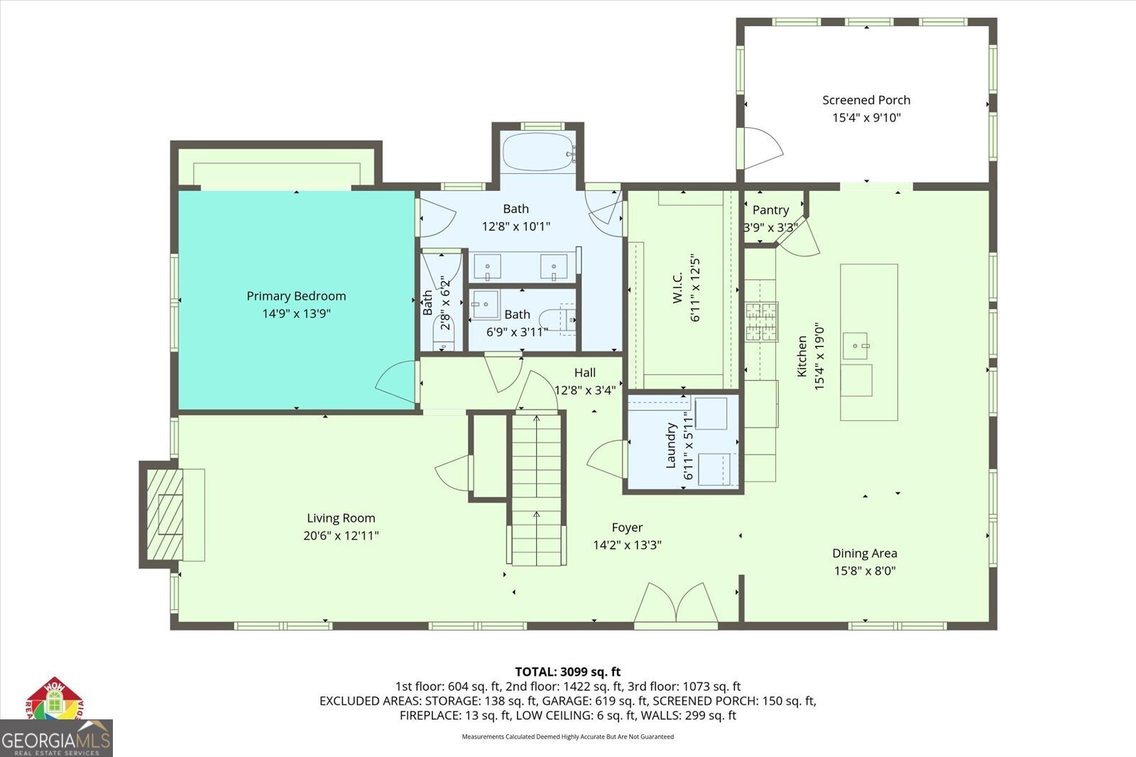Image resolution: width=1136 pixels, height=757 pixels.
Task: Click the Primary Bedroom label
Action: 296,296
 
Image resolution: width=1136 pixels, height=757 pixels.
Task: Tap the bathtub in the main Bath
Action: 538,151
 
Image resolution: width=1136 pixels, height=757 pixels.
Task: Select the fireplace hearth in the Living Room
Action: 165,515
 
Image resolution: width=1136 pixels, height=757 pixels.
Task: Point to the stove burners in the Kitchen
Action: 761,322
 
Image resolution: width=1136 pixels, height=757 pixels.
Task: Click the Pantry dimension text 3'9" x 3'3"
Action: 770,228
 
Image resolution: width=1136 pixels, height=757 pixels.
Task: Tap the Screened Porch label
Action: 866,100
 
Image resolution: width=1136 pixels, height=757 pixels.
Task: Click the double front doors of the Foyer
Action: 676,605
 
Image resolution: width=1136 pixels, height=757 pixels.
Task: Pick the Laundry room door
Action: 606,459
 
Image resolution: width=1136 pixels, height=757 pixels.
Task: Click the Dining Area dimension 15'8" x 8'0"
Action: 864,570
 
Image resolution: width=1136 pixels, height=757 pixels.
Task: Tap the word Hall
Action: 585,372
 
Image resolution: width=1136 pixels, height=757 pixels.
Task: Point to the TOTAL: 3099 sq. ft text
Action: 567,671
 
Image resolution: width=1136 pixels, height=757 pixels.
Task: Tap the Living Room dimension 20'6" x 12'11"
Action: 341,535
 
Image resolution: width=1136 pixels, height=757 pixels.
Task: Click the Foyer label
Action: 627,528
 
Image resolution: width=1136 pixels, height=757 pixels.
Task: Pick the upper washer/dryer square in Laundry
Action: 711,414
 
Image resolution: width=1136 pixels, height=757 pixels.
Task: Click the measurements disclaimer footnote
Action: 567,736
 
